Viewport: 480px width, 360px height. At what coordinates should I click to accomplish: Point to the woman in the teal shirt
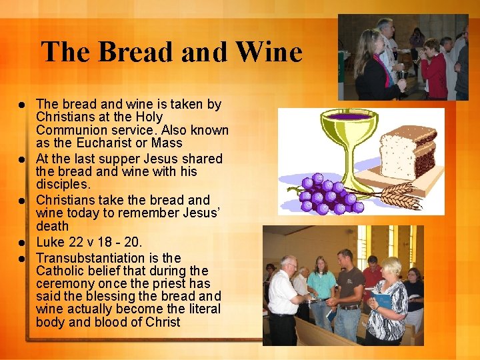[322, 290]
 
